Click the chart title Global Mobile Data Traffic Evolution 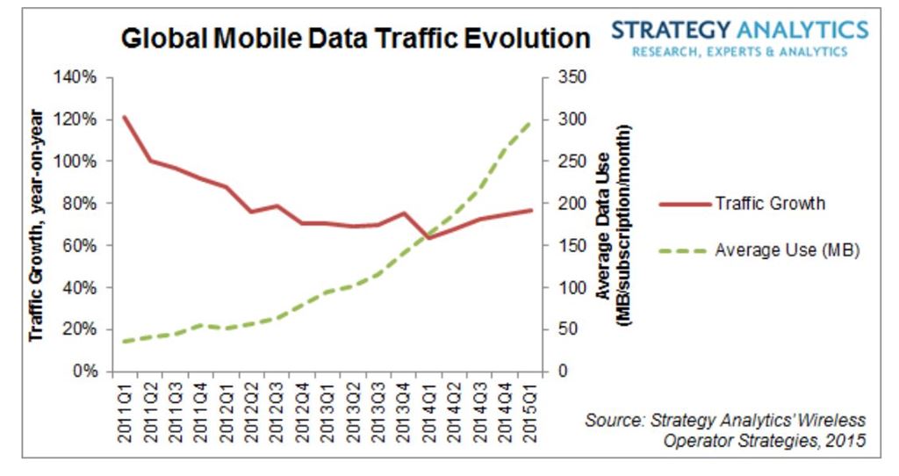tap(356, 40)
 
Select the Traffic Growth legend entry tap(770, 204)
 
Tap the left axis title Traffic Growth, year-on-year tap(37, 225)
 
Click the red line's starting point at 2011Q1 tap(124, 117)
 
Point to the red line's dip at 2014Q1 tap(428, 237)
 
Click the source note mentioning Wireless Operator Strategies tap(724, 429)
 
